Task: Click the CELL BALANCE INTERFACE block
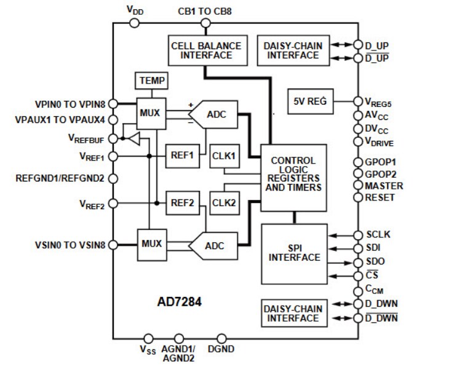click(205, 50)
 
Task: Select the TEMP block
click(151, 81)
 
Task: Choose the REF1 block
click(182, 155)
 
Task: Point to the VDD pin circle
click(135, 23)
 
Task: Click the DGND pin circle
click(223, 338)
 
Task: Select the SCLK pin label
click(378, 235)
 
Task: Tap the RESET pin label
click(380, 197)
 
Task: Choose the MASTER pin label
click(383, 186)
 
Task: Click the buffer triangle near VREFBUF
click(134, 139)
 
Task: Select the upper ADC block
click(214, 114)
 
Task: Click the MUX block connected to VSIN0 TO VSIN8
click(151, 244)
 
